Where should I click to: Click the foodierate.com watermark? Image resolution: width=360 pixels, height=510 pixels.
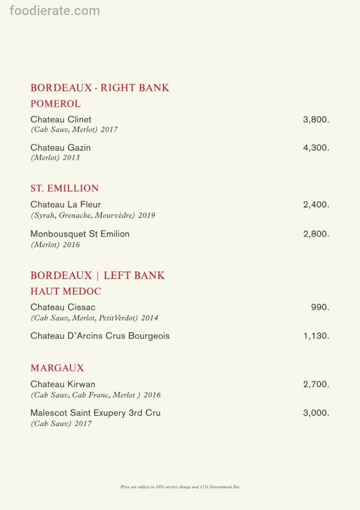[55, 10]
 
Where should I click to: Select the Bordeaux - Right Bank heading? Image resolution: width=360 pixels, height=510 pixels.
[100, 88]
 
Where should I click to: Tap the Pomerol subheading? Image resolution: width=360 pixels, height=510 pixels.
[56, 104]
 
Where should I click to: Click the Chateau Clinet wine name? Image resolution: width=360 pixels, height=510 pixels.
[61, 119]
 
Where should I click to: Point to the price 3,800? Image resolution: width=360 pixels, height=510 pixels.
[316, 119]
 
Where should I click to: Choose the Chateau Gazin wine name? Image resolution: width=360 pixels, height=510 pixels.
[60, 148]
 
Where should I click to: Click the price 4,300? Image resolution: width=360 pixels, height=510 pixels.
[316, 148]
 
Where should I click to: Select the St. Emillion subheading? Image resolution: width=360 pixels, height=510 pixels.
[65, 188]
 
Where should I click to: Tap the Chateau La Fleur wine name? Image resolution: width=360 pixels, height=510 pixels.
[66, 204]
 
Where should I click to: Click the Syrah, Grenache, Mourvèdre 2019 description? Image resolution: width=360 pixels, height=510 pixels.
[93, 215]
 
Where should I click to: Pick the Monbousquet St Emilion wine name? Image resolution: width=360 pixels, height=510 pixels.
[80, 234]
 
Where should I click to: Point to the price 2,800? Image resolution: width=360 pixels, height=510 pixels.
[316, 234]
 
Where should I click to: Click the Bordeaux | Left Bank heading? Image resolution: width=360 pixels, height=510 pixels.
[98, 275]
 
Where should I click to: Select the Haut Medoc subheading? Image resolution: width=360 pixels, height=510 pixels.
[66, 291]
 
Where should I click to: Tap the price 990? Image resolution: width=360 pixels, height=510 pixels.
[320, 307]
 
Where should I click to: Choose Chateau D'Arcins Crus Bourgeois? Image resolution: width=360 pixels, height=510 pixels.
[100, 336]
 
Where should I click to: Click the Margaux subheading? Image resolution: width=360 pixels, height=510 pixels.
[57, 368]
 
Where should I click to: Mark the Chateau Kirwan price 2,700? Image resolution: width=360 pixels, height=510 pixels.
[316, 384]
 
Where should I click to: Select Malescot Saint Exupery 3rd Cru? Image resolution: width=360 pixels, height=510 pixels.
[95, 413]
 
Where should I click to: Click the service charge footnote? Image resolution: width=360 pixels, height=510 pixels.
[180, 487]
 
